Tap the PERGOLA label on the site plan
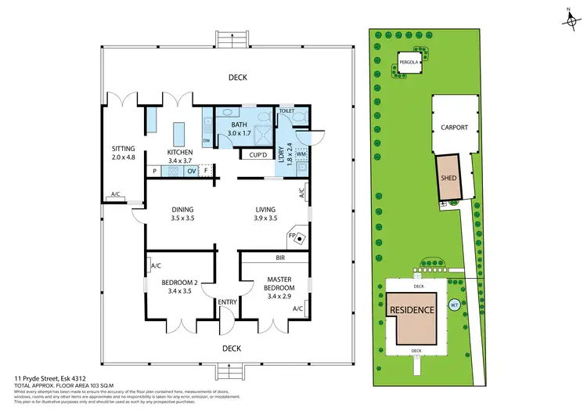pyautogui.click(x=407, y=62)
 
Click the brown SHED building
pyautogui.click(x=448, y=179)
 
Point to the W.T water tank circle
pyautogui.click(x=455, y=305)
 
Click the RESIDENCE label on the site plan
pyautogui.click(x=412, y=310)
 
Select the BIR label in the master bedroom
pyautogui.click(x=279, y=257)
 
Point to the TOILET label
pyautogui.click(x=286, y=112)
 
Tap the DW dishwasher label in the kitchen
pyautogui.click(x=207, y=141)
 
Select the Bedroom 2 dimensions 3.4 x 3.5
pyautogui.click(x=179, y=290)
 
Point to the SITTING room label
pyautogui.click(x=124, y=146)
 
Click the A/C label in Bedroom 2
pyautogui.click(x=154, y=265)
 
